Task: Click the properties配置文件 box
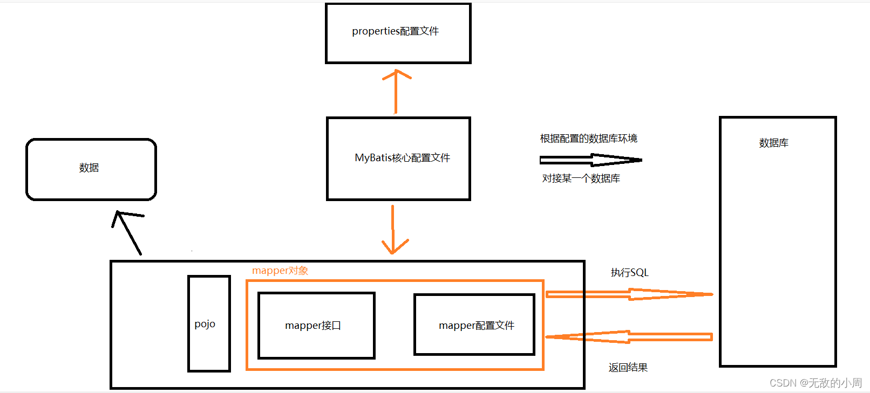point(398,33)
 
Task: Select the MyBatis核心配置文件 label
point(402,158)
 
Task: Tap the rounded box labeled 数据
point(91,169)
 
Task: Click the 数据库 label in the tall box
point(773,143)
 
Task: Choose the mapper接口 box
point(316,326)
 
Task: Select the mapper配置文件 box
point(474,325)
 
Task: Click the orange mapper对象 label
point(280,271)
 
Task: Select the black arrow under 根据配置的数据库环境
point(590,160)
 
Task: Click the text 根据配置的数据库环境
point(588,139)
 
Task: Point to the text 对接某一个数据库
point(581,178)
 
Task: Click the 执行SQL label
point(629,273)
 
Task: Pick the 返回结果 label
point(628,368)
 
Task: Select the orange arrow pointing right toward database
point(629,294)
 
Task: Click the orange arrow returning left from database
point(629,337)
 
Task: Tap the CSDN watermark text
point(815,383)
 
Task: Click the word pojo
point(205,324)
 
